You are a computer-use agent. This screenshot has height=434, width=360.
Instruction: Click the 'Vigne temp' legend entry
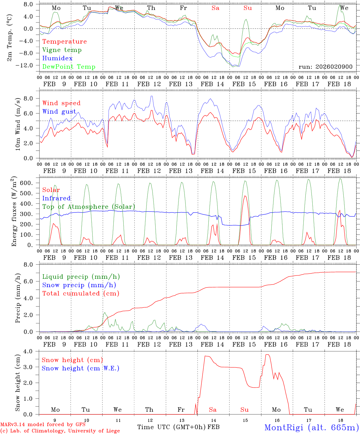pyautogui.click(x=62, y=50)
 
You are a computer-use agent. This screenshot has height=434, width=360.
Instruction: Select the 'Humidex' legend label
pyautogui.click(x=57, y=58)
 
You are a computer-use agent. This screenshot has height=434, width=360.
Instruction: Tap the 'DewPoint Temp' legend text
pyautogui.click(x=69, y=67)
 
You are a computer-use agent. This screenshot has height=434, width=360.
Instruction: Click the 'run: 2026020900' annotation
pyautogui.click(x=325, y=67)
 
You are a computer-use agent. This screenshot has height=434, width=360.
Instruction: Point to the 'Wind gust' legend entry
pyautogui.click(x=59, y=112)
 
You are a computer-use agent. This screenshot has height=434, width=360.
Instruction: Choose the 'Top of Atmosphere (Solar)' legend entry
pyautogui.click(x=89, y=207)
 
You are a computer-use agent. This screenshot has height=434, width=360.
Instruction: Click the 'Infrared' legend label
pyautogui.click(x=56, y=198)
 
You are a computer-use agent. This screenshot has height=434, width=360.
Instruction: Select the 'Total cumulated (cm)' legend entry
pyautogui.click(x=81, y=294)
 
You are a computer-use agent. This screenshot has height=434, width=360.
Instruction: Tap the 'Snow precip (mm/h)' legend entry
pyautogui.click(x=79, y=285)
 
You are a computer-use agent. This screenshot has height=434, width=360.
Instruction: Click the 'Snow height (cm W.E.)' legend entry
pyautogui.click(x=81, y=368)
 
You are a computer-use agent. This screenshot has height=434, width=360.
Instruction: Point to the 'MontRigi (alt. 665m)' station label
pyautogui.click(x=311, y=427)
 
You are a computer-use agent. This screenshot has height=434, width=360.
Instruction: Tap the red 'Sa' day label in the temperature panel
pyautogui.click(x=215, y=8)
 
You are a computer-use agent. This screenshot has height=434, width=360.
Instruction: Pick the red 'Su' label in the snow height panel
pyautogui.click(x=244, y=410)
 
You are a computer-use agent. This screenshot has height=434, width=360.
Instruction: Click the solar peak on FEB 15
pyautogui.click(x=245, y=196)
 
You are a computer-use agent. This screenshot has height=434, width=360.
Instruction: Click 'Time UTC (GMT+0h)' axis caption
pyautogui.click(x=172, y=427)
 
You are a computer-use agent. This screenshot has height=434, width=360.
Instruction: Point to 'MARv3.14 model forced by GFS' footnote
pyautogui.click(x=43, y=425)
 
